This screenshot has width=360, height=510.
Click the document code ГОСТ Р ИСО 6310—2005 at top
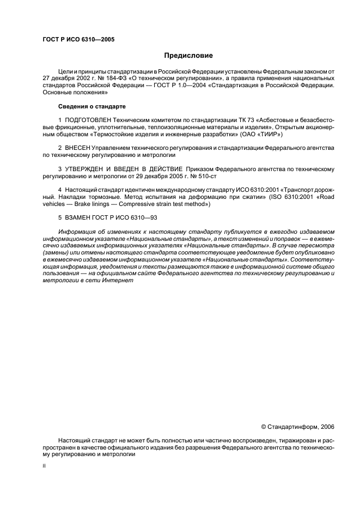(x=78, y=39)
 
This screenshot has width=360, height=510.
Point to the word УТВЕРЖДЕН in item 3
(x=87, y=169)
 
